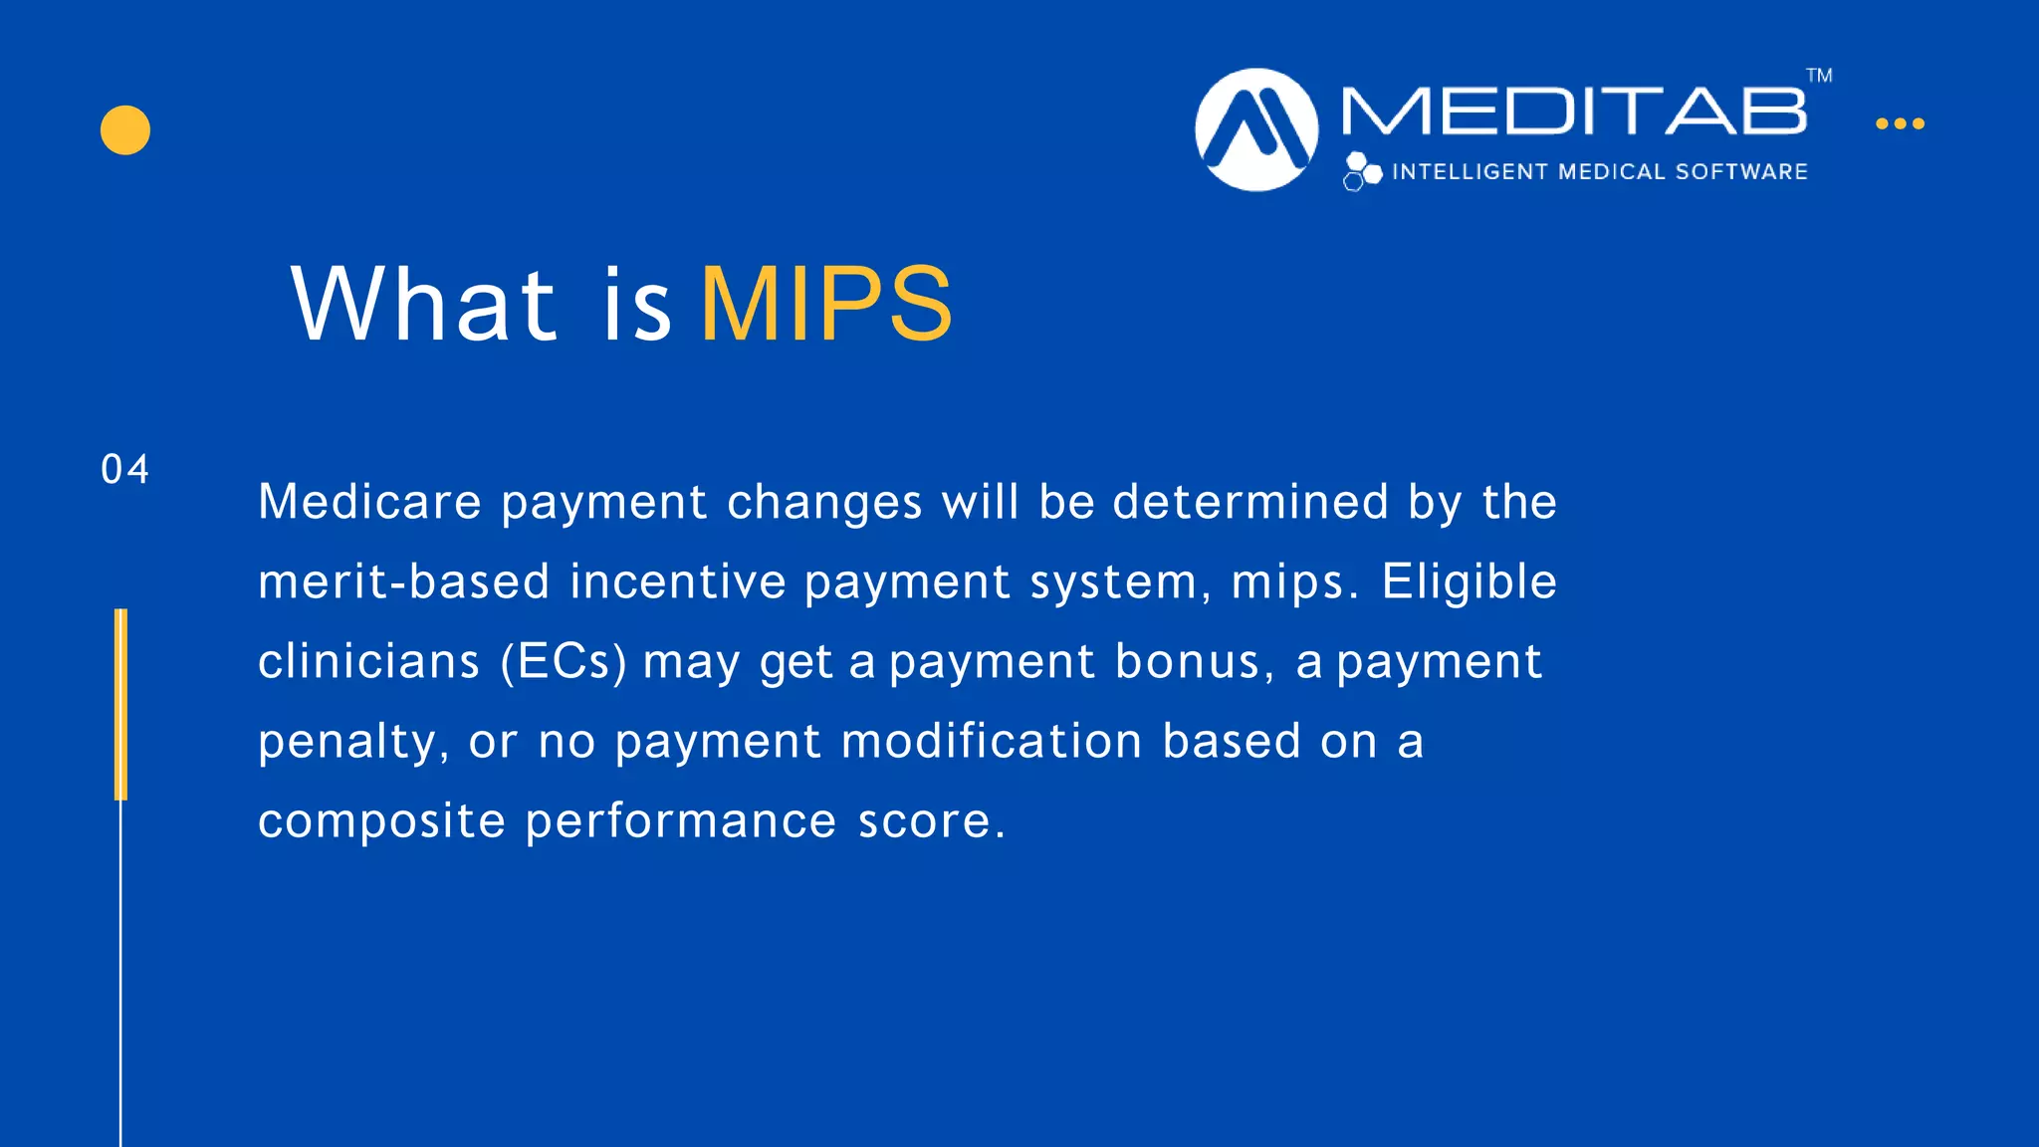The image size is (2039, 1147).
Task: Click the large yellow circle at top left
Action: tap(125, 130)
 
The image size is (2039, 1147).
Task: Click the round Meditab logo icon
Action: tap(1256, 129)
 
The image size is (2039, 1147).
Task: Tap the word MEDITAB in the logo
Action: tap(1573, 111)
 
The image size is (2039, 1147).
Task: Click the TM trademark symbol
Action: tap(1819, 76)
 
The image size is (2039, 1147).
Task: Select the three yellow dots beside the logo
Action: tap(1900, 123)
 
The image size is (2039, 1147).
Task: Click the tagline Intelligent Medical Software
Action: tap(1599, 172)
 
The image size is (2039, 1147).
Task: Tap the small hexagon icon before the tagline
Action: tap(1361, 171)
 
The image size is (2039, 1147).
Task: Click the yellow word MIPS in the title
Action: tap(826, 304)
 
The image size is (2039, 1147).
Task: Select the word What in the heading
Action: tap(423, 304)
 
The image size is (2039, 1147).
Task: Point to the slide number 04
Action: tap(125, 470)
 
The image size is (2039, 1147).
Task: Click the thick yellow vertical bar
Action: tap(120, 704)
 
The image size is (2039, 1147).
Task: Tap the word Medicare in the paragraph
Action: tap(370, 501)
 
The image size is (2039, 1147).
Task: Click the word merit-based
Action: tap(403, 581)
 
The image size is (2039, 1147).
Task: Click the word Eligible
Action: tap(1469, 581)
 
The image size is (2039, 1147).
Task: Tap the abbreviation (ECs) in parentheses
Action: tap(564, 662)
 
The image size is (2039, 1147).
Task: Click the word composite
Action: tap(381, 822)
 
